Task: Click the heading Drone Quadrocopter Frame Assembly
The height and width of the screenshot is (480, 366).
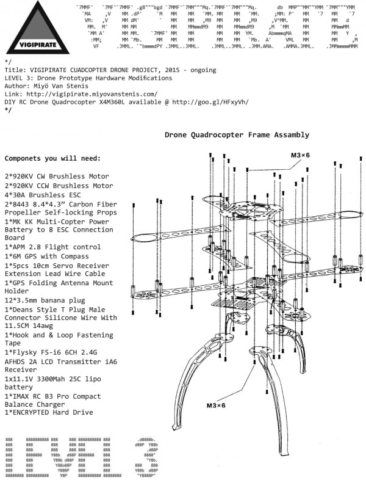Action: tap(237, 134)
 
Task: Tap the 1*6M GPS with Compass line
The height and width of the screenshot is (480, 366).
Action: tap(52, 257)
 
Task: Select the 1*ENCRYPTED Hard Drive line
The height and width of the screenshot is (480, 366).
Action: tap(49, 413)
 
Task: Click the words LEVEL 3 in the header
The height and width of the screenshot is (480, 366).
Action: tap(18, 78)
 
